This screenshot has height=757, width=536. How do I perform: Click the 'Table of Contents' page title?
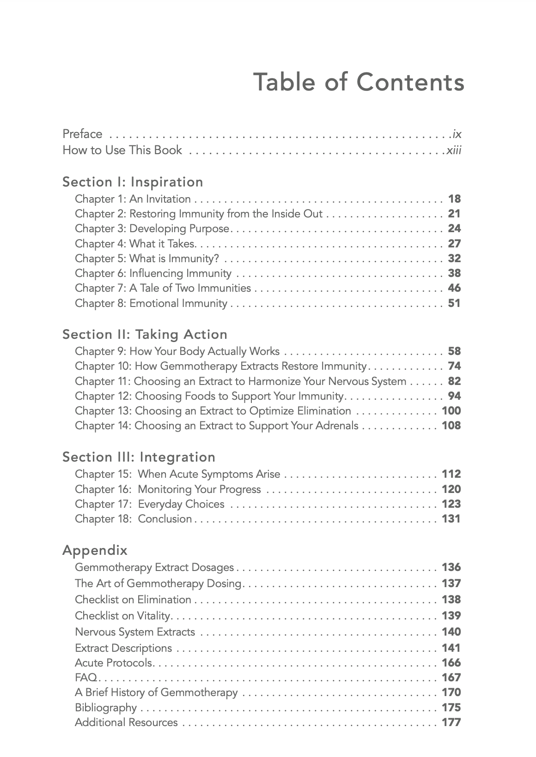click(359, 82)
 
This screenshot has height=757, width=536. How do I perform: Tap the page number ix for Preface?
click(457, 134)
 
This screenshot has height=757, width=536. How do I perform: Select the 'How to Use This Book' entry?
click(122, 150)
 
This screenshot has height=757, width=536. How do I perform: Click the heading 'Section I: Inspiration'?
click(133, 182)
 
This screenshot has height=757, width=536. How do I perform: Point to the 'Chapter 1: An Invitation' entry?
click(133, 199)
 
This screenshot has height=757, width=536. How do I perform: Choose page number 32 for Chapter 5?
click(454, 258)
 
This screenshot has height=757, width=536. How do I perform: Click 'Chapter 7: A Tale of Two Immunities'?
click(163, 288)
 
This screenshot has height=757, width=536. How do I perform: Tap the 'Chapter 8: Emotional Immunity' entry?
click(151, 303)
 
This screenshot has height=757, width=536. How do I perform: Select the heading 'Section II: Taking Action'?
click(145, 334)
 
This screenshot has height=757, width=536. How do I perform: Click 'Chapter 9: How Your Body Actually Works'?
click(177, 351)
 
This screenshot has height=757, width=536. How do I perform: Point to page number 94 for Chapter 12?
click(454, 396)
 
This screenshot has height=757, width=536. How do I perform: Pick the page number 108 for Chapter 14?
click(451, 426)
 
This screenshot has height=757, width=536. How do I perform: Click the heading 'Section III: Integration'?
click(139, 457)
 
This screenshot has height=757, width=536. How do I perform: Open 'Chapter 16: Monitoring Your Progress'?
click(168, 489)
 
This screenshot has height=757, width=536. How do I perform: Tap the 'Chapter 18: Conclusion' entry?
click(133, 519)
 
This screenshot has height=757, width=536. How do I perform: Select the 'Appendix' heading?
click(95, 550)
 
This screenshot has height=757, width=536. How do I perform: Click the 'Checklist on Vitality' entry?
click(123, 616)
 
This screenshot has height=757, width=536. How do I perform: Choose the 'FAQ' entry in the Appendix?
click(86, 678)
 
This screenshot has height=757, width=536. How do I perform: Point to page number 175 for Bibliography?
click(451, 708)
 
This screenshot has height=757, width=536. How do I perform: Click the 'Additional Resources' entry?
click(126, 722)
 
